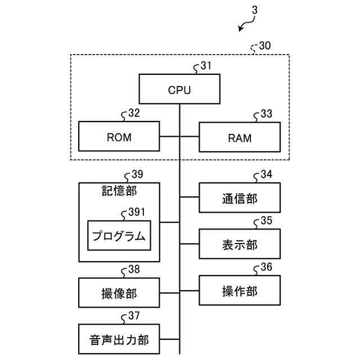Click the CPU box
pos(179,89)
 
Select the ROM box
pos(119,136)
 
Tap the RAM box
pos(240,137)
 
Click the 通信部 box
pos(240,197)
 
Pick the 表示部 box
pos(240,244)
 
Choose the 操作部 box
pos(240,290)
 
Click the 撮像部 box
pos(119,292)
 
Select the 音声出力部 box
pos(119,339)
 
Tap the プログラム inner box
pos(119,235)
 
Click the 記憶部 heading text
pos(119,191)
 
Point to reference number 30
pos(265,46)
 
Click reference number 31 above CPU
pos(206,66)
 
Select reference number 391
pos(137,212)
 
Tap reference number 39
pos(137,174)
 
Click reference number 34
pos(266,174)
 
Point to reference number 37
pos(134,316)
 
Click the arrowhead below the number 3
pos(240,29)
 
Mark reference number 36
pos(266,267)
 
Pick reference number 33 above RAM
pos(266,114)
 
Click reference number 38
pos(134,269)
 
